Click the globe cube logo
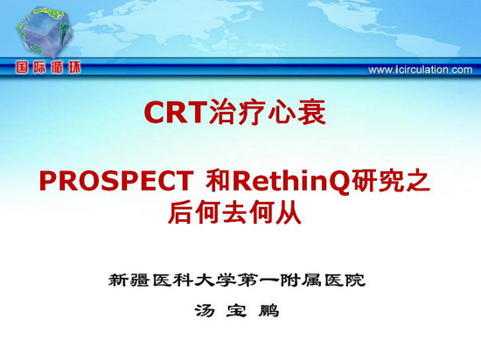[x=44, y=32]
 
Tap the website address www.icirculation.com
[x=421, y=70]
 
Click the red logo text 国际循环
[x=48, y=67]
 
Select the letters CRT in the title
[x=174, y=112]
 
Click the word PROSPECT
[x=116, y=181]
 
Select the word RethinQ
[x=292, y=182]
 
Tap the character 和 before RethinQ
[x=218, y=181]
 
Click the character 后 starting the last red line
[x=180, y=212]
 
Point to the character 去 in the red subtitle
[x=234, y=212]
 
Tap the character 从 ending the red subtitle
[x=289, y=212]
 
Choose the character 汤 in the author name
[x=205, y=311]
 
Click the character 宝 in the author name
[x=236, y=311]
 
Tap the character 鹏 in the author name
[x=268, y=311]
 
